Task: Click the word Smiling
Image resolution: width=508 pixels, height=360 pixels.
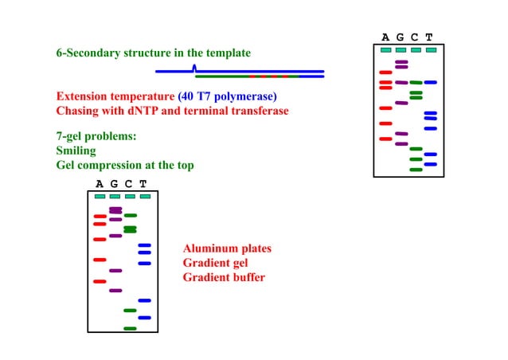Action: coord(76,151)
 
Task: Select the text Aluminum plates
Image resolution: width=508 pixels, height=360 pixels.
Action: coord(227,248)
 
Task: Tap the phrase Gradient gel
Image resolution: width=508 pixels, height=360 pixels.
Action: coord(217,263)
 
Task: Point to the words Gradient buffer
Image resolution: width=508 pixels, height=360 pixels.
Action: coord(224,277)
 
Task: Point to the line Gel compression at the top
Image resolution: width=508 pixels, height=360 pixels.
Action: coord(124,165)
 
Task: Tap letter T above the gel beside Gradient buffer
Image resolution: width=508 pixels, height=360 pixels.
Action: coord(144,184)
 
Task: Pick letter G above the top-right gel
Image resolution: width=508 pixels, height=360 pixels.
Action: coord(401,37)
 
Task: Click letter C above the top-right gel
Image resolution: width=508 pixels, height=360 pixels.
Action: coord(415,37)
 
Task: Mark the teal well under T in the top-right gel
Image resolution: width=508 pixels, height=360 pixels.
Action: coord(431,50)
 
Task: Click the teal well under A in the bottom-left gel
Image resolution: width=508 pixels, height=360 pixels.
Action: coord(100,196)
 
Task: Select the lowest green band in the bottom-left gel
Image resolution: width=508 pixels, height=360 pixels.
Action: coord(130,328)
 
